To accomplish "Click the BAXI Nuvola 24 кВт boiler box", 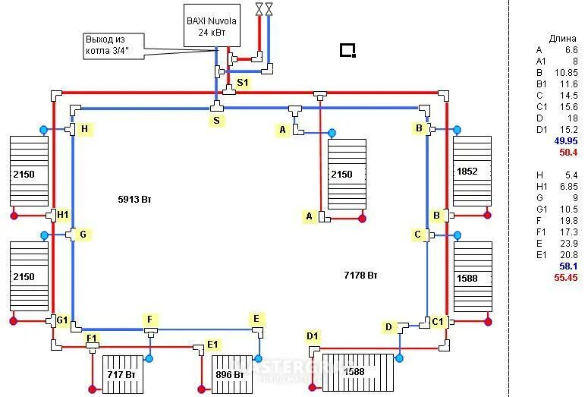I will tap(212, 26).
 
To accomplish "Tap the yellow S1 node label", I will tap(242, 82).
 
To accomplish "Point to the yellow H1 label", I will tap(63, 215).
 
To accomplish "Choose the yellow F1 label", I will tap(92, 337).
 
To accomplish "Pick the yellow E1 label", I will tap(214, 345).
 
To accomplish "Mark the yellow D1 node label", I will tap(313, 336).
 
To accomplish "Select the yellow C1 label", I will tap(438, 322).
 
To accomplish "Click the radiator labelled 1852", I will tap(472, 172).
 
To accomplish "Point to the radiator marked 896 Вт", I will tap(231, 374).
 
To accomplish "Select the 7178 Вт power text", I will tap(360, 274).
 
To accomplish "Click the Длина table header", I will tap(562, 38).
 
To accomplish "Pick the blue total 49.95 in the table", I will tap(566, 141).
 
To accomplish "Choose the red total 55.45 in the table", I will tap(566, 279).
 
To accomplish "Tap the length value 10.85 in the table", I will tap(565, 73).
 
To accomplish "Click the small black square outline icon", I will tap(347, 51).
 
